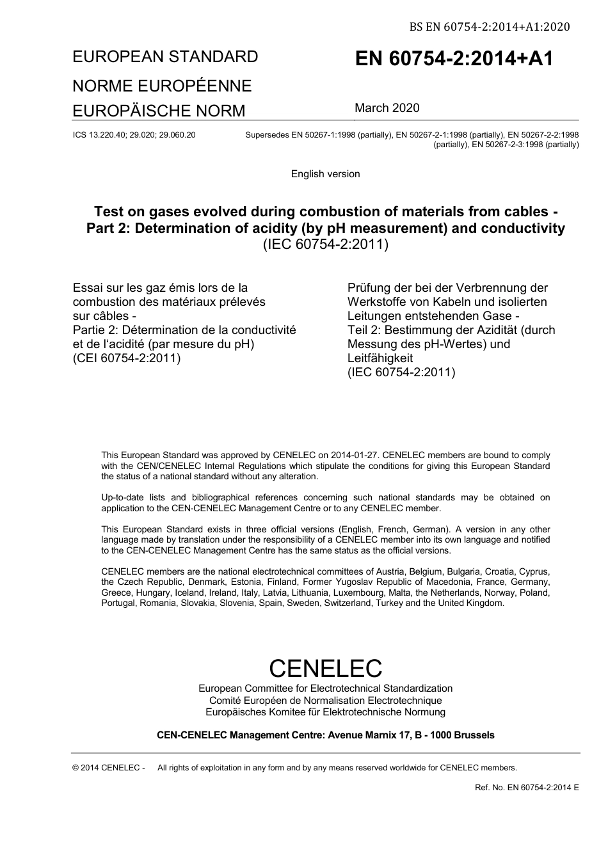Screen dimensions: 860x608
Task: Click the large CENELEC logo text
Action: pyautogui.click(x=325, y=668)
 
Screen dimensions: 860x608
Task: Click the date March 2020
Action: pyautogui.click(x=387, y=108)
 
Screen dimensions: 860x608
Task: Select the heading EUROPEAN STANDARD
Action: pyautogui.click(x=165, y=57)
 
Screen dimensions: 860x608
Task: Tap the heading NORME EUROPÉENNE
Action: pyautogui.click(x=162, y=86)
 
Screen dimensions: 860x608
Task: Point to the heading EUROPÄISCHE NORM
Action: pyautogui.click(x=159, y=111)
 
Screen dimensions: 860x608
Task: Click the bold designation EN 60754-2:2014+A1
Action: pyautogui.click(x=454, y=59)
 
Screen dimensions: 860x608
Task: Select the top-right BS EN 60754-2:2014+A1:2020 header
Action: pyautogui.click(x=490, y=27)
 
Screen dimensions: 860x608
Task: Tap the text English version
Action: pyautogui.click(x=325, y=174)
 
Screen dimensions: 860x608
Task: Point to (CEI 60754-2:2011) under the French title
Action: pyautogui.click(x=127, y=358)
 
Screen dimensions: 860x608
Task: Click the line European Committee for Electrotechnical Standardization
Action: pyautogui.click(x=325, y=689)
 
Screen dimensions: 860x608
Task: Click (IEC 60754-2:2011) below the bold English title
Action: pyautogui.click(x=325, y=244)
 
